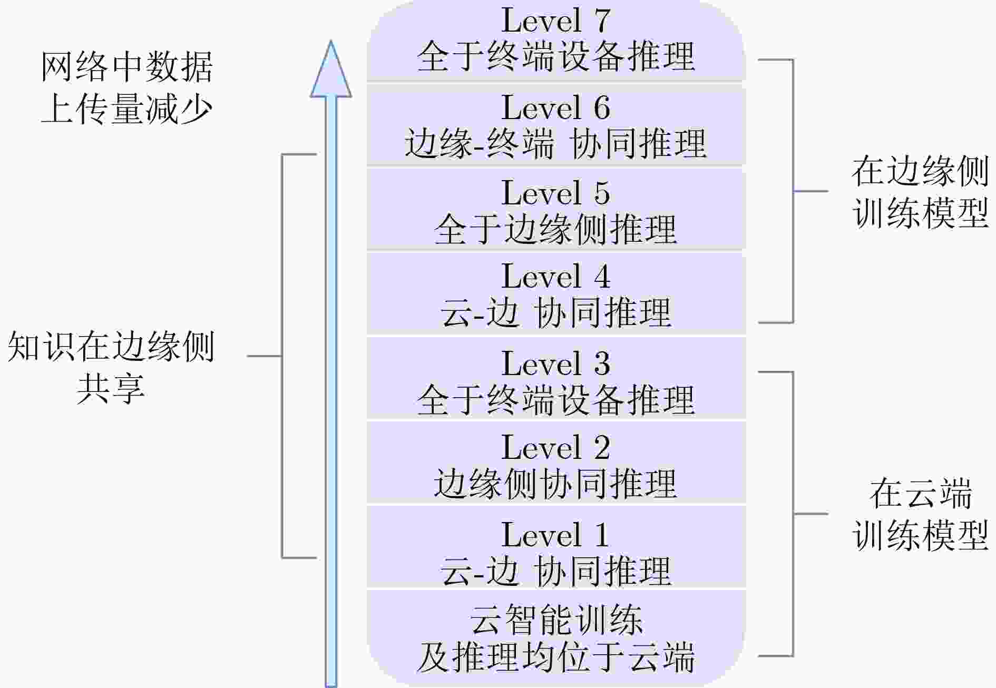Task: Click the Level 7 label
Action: pos(555,21)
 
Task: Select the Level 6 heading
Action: pos(555,108)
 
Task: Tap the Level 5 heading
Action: pos(555,193)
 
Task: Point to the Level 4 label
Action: pos(555,277)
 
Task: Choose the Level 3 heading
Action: pos(555,363)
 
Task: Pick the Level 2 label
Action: pos(555,448)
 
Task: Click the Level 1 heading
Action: pos(555,535)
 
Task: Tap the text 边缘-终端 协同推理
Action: pos(555,143)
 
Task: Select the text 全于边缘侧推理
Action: pos(555,229)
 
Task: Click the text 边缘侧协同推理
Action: pos(555,483)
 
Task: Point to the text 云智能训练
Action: pos(555,620)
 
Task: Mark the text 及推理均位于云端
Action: pos(555,656)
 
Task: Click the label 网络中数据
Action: pos(127,67)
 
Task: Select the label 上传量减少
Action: pos(127,109)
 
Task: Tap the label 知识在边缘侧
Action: pos(111,347)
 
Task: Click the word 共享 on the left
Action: pos(111,388)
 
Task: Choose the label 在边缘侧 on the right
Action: pos(920,171)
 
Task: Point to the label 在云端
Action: pos(920,494)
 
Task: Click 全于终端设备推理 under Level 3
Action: pos(555,399)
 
